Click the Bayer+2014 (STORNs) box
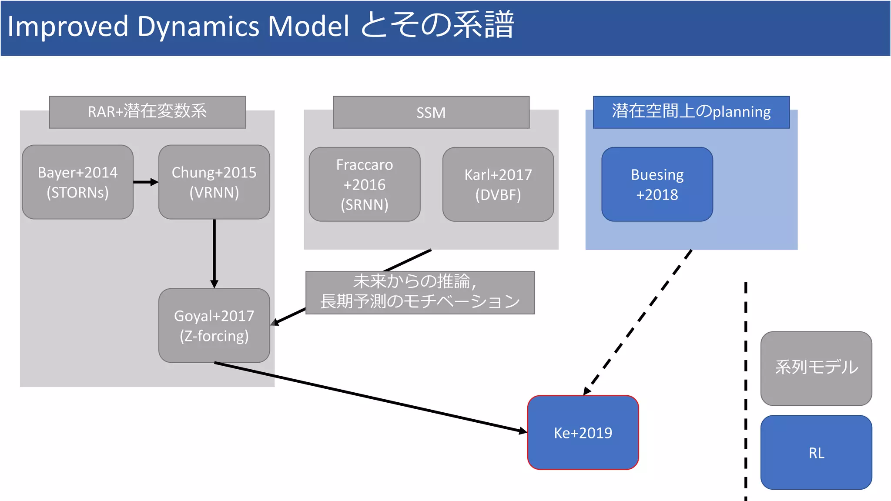click(77, 182)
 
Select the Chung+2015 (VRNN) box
click(214, 182)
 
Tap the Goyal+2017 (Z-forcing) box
click(214, 325)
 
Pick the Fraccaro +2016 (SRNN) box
click(365, 184)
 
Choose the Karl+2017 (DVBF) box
click(498, 184)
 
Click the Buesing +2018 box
click(657, 184)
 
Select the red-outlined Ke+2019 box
click(583, 432)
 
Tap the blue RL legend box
click(816, 452)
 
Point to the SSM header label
click(431, 112)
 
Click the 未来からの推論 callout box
click(420, 293)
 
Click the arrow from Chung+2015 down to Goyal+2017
click(214, 252)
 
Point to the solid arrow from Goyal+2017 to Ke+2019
click(370, 397)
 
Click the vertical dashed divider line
click(746, 391)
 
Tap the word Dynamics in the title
click(198, 27)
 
